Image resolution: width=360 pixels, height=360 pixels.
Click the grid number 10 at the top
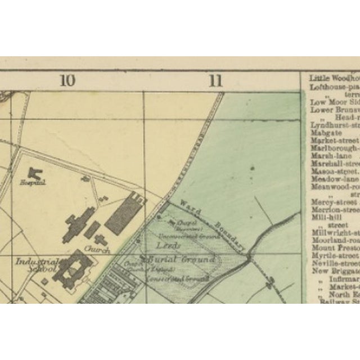click(x=67, y=80)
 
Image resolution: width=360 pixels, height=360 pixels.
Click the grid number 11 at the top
click(x=215, y=80)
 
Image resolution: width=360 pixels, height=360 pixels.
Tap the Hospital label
click(x=33, y=183)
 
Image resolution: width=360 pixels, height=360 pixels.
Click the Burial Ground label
click(x=180, y=259)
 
